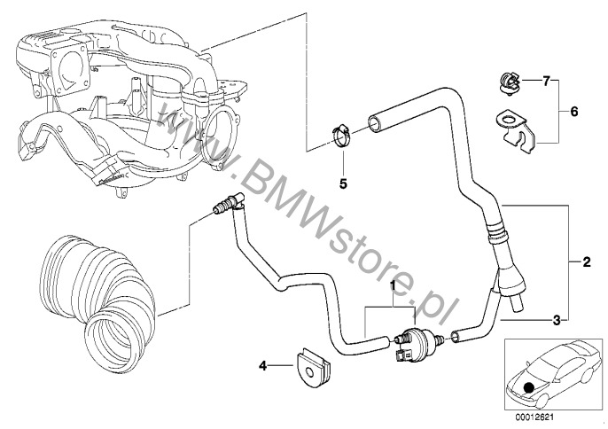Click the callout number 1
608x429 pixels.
(x=393, y=286)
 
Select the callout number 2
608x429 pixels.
(x=586, y=261)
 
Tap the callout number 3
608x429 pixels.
(x=557, y=320)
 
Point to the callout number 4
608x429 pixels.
(x=263, y=365)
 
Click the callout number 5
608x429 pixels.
(x=343, y=183)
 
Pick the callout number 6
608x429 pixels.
(x=574, y=112)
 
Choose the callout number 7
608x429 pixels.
(x=546, y=82)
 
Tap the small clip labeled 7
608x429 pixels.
(x=509, y=83)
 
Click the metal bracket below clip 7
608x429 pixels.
(x=515, y=131)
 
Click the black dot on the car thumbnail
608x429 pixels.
(x=528, y=387)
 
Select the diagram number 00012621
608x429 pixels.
(x=534, y=417)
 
